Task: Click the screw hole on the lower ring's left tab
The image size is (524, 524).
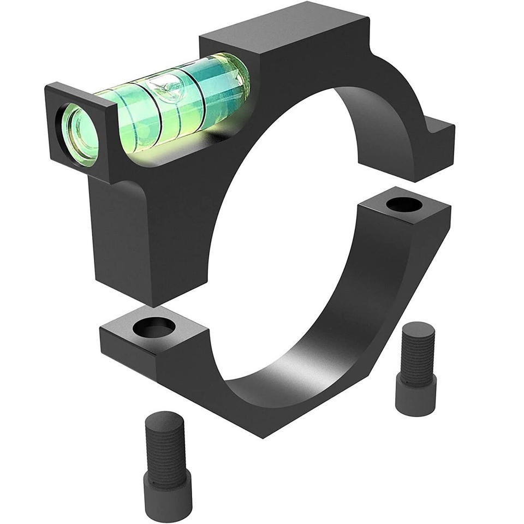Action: [157, 327]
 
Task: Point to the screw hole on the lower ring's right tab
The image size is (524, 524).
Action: [404, 206]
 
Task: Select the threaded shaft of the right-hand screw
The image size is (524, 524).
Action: [418, 358]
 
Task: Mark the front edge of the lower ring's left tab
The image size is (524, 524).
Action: [128, 349]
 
